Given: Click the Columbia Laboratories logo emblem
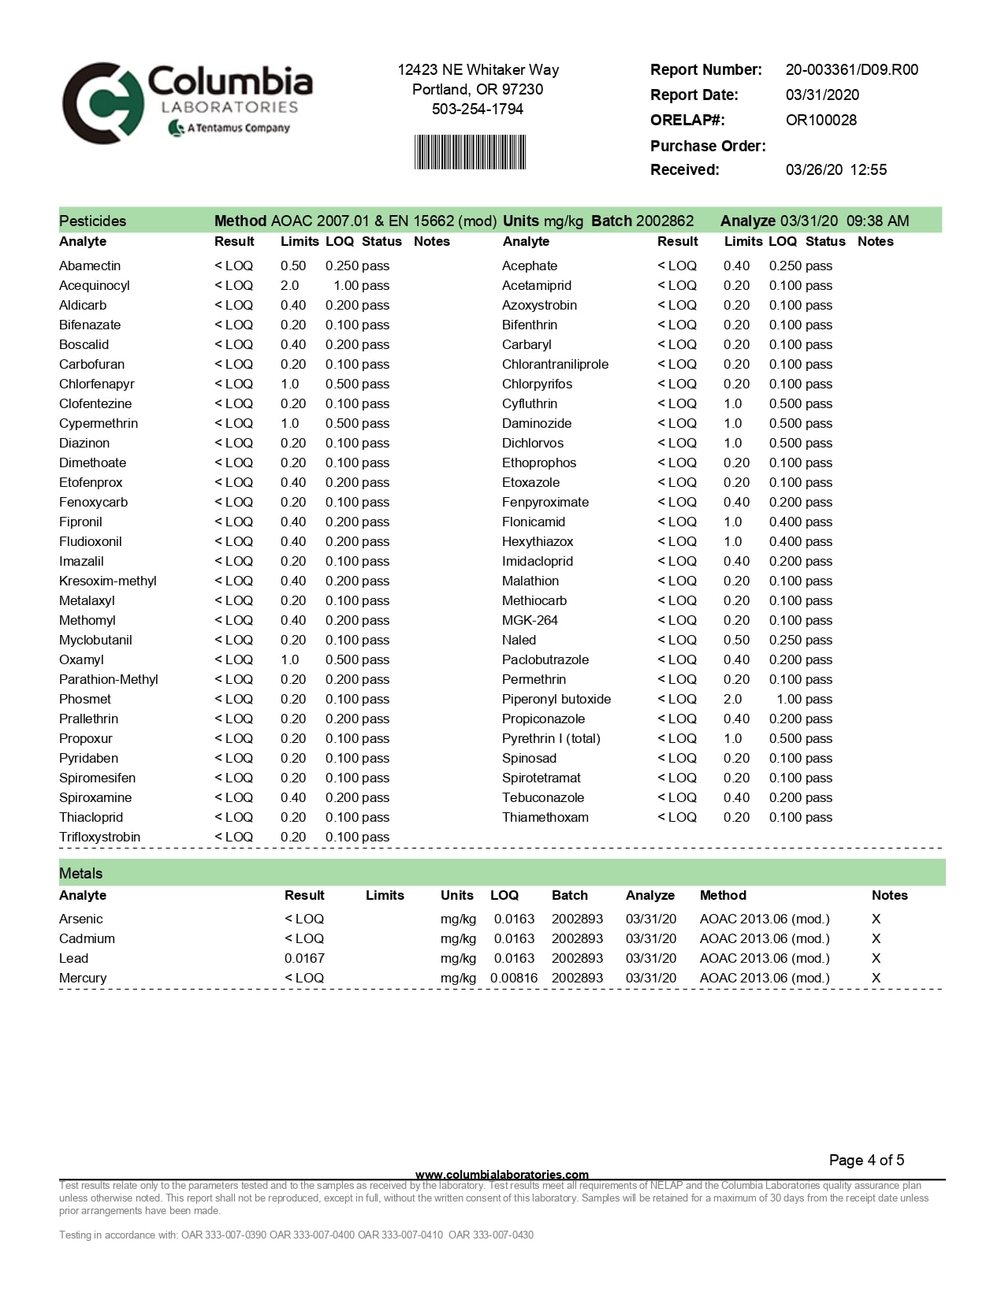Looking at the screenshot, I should click(x=103, y=103).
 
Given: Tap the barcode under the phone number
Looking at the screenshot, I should click(x=470, y=152).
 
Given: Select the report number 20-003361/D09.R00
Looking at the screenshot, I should click(x=851, y=70).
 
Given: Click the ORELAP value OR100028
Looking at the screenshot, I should click(x=821, y=121).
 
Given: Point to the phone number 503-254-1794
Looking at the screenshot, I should click(x=477, y=110).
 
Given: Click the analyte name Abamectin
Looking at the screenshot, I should click(x=90, y=266).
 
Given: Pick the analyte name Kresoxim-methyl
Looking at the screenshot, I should click(x=108, y=581).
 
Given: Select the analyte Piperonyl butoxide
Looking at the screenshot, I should click(x=556, y=700).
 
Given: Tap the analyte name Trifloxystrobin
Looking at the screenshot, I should click(x=99, y=838).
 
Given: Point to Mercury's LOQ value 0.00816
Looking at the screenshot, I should click(x=514, y=979).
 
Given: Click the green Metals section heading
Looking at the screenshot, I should click(x=81, y=874).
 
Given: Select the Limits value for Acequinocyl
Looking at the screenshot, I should click(x=290, y=286).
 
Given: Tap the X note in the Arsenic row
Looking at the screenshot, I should click(x=876, y=919).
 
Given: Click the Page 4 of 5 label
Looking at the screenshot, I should click(x=866, y=1161).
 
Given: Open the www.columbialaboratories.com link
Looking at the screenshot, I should click(x=501, y=1175).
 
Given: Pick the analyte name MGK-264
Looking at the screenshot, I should click(x=530, y=621).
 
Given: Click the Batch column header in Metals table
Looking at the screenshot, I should click(x=569, y=896).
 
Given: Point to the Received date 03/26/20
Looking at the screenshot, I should click(x=813, y=170).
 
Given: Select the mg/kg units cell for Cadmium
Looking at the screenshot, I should click(x=458, y=939).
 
